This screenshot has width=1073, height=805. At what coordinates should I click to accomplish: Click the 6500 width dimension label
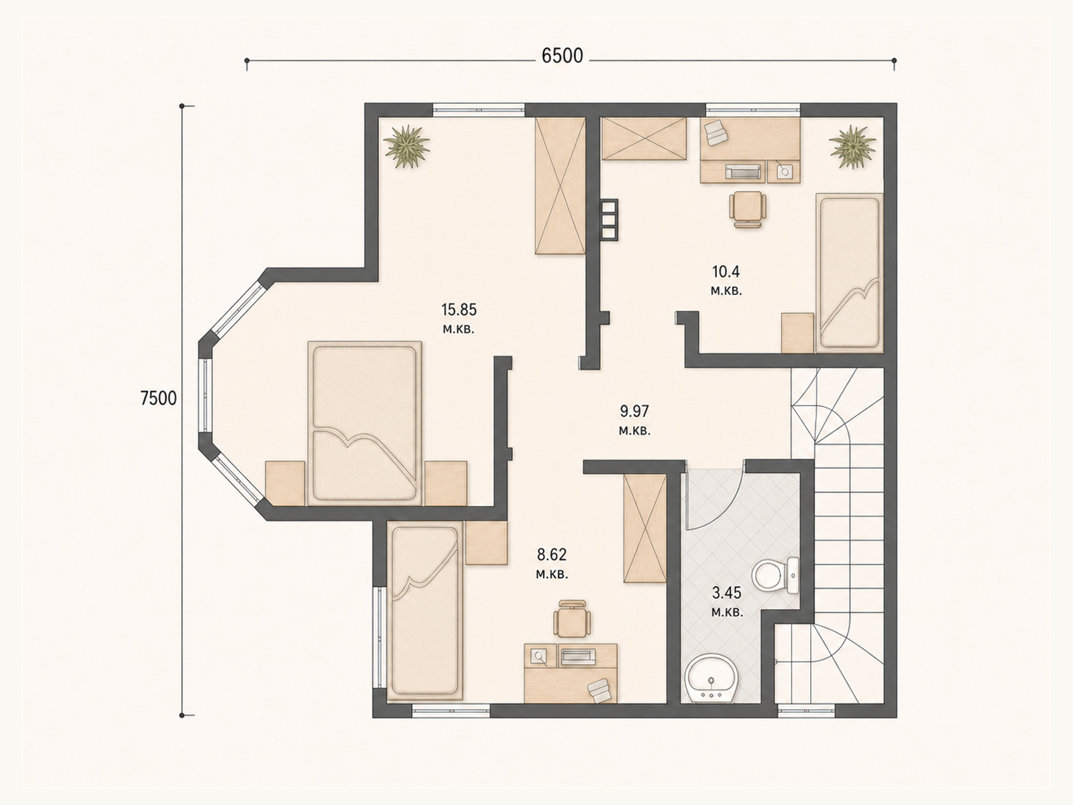click(x=562, y=56)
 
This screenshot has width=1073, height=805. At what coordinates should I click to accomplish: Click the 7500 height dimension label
click(x=158, y=399)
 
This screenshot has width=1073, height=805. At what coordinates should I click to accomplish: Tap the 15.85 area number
click(x=459, y=310)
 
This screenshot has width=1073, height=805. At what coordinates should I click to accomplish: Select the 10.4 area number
click(x=726, y=271)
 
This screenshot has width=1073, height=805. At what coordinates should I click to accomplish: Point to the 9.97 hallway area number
click(x=634, y=411)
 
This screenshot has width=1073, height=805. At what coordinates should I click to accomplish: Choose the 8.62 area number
click(x=552, y=555)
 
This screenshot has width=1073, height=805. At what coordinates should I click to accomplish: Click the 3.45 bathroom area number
click(x=727, y=594)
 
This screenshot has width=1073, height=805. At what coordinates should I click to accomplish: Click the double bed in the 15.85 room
click(x=365, y=423)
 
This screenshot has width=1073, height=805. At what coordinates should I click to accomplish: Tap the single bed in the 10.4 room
click(x=849, y=273)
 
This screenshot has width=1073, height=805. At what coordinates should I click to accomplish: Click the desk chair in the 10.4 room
click(x=748, y=209)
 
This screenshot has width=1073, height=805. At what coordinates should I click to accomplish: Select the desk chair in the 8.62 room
click(x=572, y=619)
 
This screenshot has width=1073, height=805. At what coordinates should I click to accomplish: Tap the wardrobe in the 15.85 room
click(x=560, y=186)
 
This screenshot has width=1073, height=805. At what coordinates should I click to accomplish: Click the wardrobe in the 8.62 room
click(x=644, y=528)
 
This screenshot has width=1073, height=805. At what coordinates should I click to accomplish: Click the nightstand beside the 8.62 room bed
click(x=486, y=543)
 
